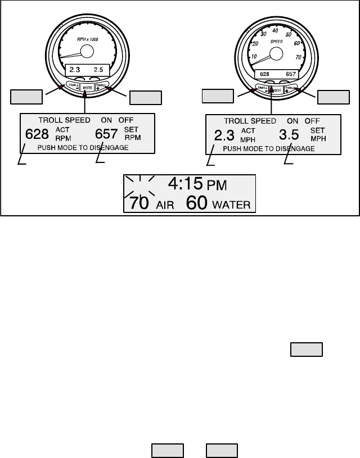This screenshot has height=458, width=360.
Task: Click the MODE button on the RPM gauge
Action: [87, 88]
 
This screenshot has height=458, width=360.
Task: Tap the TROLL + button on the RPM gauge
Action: [100, 86]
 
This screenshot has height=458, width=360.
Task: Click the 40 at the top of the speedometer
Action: [275, 30]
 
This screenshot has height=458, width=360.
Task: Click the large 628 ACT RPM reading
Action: [37, 134]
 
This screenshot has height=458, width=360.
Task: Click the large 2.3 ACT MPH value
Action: [222, 135]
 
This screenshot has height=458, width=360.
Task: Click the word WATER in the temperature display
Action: [232, 205]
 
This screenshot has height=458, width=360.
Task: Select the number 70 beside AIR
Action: [141, 203]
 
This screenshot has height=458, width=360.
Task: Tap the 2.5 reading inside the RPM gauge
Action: [98, 70]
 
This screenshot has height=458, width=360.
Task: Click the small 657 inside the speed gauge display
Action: [291, 74]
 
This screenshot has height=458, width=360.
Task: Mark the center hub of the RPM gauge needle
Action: [87, 52]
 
